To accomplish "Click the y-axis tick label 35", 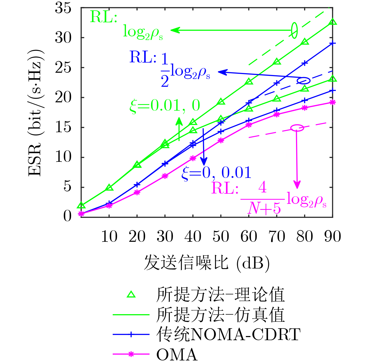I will (63, 8).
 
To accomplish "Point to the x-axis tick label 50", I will (221, 237).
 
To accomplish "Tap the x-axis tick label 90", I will (333, 237).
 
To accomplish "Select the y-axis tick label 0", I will (67, 216).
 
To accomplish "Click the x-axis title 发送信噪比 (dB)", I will (207, 263).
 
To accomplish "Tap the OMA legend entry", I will (177, 354).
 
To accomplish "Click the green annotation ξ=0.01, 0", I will (165, 106).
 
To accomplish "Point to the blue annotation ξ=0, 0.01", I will (216, 172).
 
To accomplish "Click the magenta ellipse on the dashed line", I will (297, 128).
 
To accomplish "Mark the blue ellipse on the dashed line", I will (304, 81).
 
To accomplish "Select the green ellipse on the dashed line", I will (294, 30).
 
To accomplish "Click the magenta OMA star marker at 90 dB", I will (333, 103).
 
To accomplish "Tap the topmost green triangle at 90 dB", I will (333, 22).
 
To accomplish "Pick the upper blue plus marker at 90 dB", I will (333, 43).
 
